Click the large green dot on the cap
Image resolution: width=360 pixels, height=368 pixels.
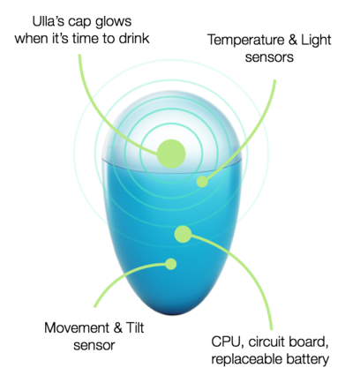pos(171,154)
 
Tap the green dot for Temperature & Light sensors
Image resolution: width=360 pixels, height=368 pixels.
pos(202,182)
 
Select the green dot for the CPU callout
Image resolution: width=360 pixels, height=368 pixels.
pos(183,234)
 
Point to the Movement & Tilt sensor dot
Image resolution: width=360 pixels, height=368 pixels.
pos(170,264)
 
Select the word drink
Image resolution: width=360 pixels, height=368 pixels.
pos(134,39)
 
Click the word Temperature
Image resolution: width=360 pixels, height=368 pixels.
pos(246,40)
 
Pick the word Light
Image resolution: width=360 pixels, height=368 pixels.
pos(316,41)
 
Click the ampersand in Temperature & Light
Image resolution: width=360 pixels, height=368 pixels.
pos(293,40)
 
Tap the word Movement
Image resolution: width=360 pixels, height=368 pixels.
pos(77,327)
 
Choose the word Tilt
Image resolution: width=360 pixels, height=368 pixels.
pos(135,327)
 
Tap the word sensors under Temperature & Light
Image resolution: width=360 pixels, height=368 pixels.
pos(269,57)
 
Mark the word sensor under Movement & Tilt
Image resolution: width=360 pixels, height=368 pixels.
pos(94,345)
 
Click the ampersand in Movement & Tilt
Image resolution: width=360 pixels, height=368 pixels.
pos(117,327)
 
